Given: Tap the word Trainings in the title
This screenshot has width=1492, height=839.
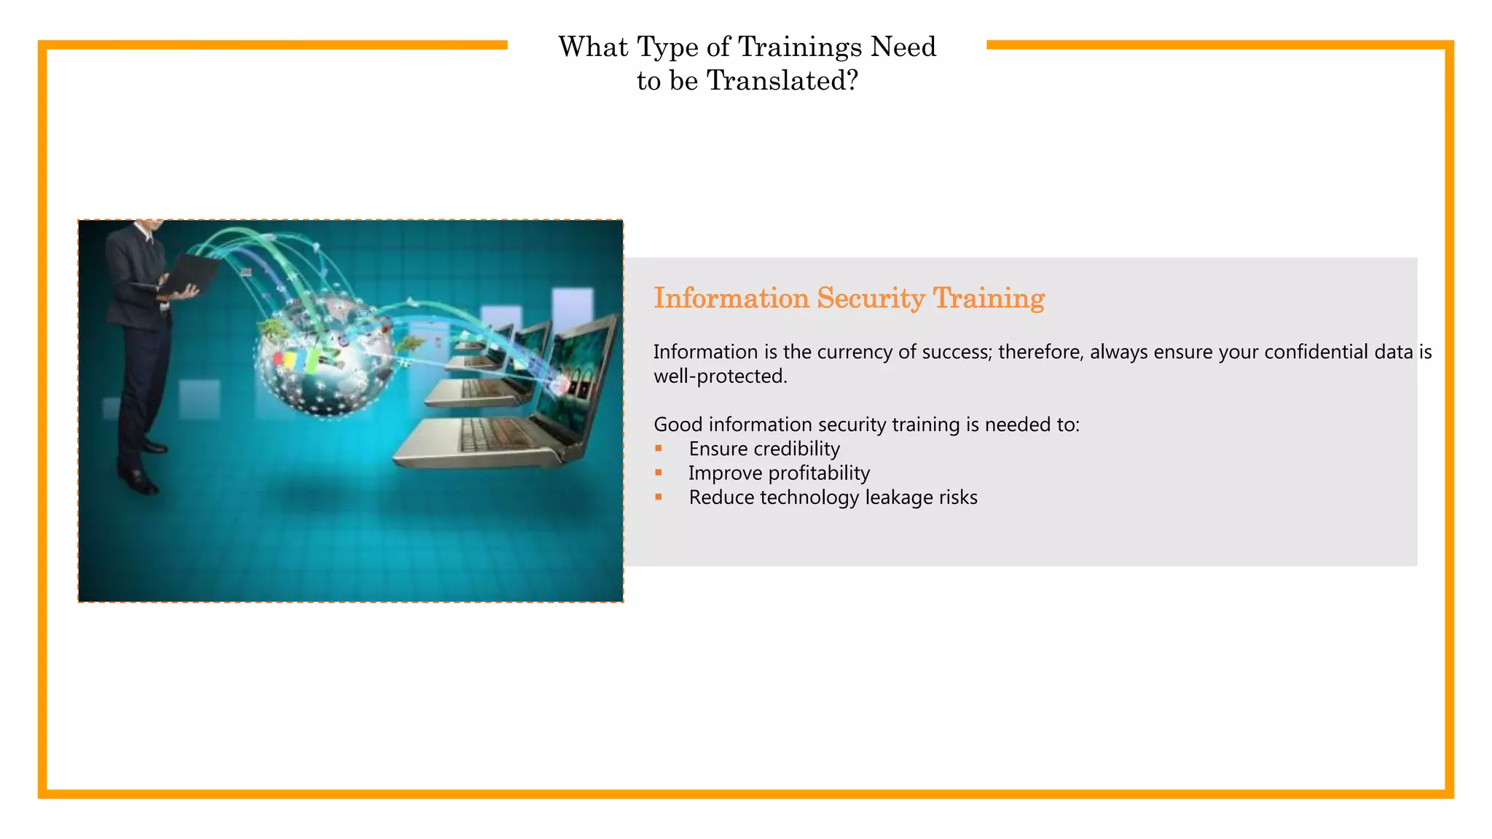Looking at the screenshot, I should pos(800,47).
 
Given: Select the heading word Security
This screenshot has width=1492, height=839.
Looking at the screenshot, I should pos(871,298).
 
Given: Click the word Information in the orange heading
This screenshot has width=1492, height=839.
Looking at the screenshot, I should pos(731,298).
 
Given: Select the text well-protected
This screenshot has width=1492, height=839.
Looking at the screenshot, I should pos(720,377).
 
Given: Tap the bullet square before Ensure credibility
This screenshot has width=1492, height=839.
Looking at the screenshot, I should pos(659,449).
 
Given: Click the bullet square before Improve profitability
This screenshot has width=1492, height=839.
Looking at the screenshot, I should pos(659,473).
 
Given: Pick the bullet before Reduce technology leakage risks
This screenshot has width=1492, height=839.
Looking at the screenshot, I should pos(659,497).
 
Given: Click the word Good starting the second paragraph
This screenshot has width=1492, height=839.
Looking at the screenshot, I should pos(678,425).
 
